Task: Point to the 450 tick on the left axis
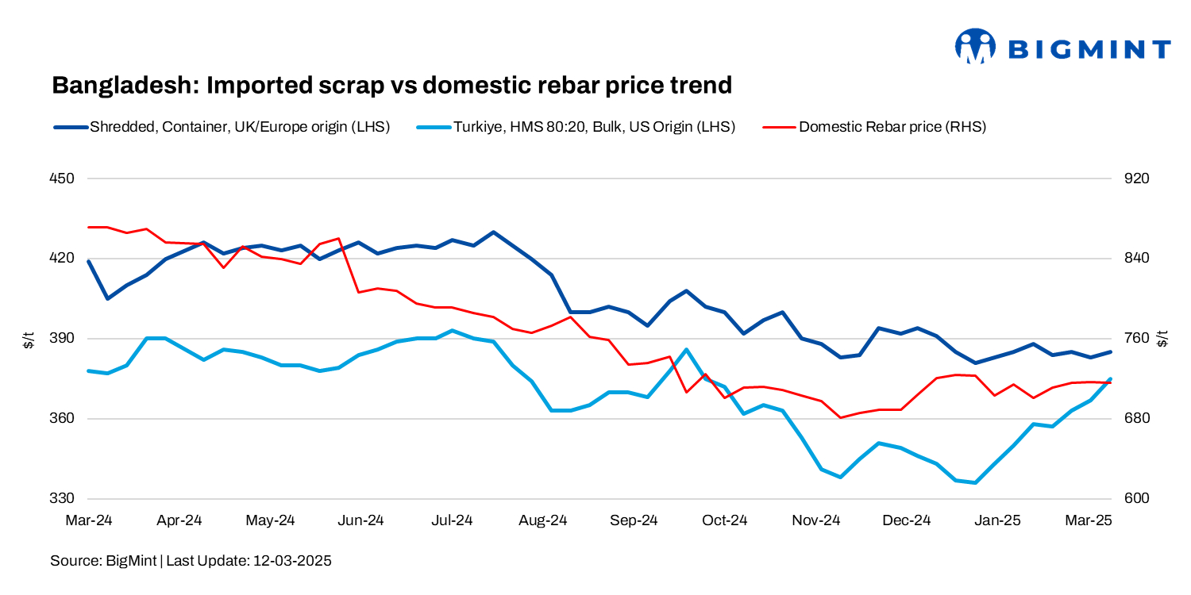[62, 178]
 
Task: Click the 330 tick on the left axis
[62, 499]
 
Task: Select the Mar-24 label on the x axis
[89, 521]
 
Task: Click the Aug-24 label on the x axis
[543, 521]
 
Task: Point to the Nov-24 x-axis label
[816, 521]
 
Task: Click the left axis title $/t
[29, 339]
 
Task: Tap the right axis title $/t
[1163, 339]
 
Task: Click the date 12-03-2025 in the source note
[291, 561]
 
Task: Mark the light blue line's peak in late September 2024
[686, 349]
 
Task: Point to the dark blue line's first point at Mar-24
[89, 261]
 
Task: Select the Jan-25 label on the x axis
[998, 521]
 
